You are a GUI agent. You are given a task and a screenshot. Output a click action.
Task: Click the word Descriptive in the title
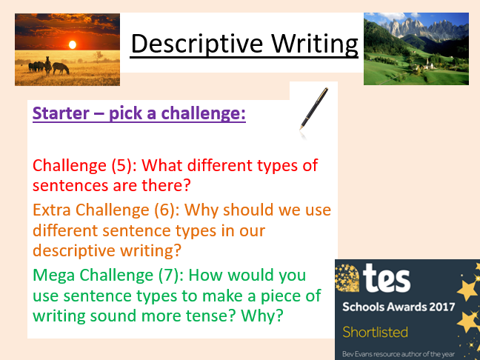point(197,44)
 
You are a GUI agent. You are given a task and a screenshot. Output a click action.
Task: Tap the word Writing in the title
point(315,44)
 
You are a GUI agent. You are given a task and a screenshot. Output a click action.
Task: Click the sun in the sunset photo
point(73,44)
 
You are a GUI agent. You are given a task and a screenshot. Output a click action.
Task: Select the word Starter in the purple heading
point(61,113)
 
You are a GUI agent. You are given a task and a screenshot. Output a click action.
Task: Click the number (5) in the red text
point(121,166)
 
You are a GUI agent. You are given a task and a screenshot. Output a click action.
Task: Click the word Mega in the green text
point(53,276)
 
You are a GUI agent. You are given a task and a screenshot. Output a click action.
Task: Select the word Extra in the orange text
point(52,210)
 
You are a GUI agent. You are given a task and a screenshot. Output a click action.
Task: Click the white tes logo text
point(387,279)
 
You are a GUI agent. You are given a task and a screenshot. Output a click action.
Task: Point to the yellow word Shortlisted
point(375,332)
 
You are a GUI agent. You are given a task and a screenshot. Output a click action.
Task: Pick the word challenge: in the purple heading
point(203,113)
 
